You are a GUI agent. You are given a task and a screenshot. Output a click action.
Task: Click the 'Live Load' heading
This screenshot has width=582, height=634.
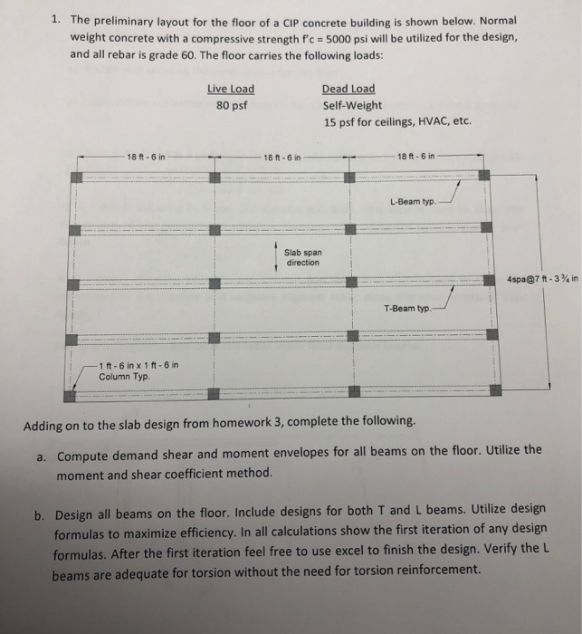point(231,89)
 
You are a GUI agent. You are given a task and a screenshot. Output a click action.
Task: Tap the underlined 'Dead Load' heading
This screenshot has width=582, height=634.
point(348,89)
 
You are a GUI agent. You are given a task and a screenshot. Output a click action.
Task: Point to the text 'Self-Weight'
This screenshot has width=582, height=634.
point(352,105)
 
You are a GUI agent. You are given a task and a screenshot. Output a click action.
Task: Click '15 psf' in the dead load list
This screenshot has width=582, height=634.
point(340,122)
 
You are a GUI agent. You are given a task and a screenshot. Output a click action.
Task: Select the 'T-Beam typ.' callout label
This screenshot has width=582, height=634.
point(410,307)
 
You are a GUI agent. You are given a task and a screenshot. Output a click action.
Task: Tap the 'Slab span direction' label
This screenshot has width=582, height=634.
point(302,257)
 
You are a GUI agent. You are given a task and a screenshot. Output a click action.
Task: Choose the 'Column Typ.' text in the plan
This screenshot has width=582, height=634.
point(122,375)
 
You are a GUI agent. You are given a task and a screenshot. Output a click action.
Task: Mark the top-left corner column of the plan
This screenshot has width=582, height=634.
point(76,176)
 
